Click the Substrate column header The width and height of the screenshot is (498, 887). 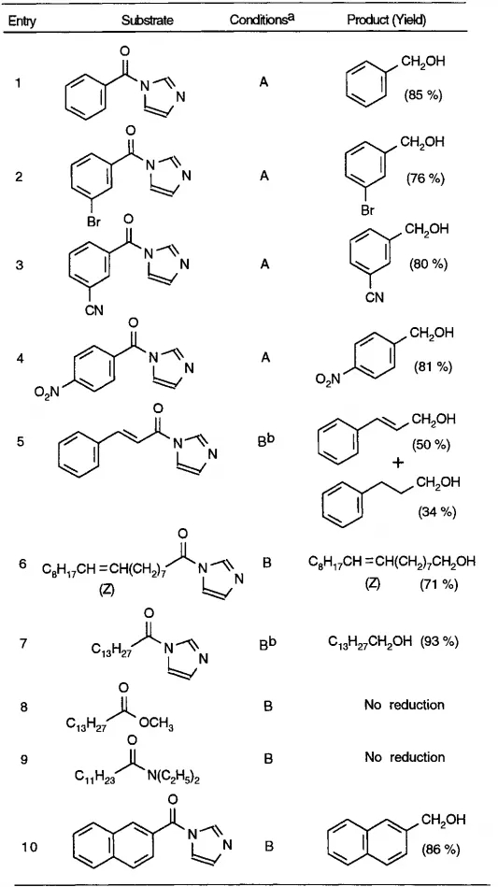click(148, 20)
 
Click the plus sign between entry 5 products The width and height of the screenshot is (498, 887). click(399, 464)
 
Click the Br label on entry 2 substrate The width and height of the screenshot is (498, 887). click(93, 222)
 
